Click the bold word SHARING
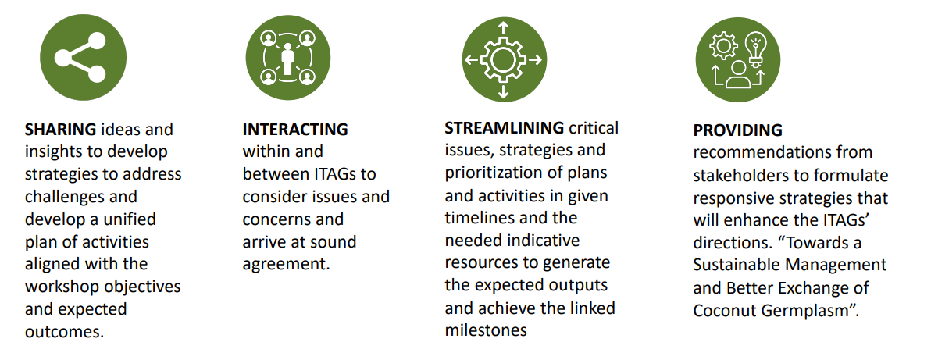[61, 130]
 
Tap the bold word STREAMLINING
[504, 128]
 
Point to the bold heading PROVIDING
[738, 130]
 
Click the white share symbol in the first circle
[80, 58]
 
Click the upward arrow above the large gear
[504, 29]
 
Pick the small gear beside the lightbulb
[723, 46]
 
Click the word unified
[128, 219]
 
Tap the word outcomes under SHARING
[65, 332]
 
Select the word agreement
[286, 265]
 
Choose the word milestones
[487, 330]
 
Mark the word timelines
[479, 218]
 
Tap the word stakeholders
[734, 175]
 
